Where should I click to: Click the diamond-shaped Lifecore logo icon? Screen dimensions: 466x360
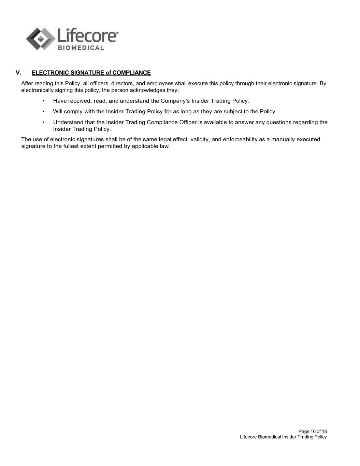[x=41, y=39]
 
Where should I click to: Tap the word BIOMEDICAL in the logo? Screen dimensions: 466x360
[x=81, y=48]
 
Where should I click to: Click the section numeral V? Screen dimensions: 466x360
[x=18, y=73]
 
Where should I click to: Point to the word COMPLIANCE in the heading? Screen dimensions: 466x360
[x=132, y=73]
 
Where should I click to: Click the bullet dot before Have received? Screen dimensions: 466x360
[x=43, y=101]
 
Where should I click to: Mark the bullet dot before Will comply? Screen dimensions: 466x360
[x=43, y=112]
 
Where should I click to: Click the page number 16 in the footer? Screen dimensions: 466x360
[x=313, y=432]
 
